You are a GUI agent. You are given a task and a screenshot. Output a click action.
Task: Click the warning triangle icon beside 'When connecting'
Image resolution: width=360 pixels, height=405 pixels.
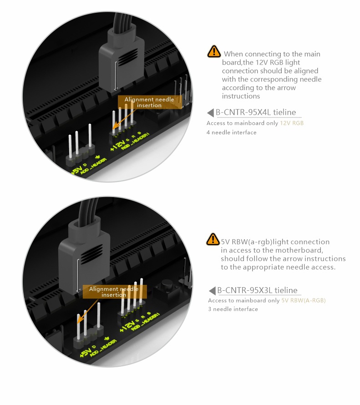(214, 51)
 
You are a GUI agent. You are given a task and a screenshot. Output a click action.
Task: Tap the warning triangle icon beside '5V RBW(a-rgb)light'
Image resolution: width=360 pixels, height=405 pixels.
(213, 239)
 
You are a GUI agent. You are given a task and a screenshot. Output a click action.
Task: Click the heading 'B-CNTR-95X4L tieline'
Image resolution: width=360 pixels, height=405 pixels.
(256, 112)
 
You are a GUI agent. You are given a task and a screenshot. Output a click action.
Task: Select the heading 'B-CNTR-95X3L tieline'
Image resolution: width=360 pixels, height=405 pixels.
(257, 290)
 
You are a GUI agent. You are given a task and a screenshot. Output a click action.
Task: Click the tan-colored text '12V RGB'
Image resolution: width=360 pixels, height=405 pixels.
(292, 123)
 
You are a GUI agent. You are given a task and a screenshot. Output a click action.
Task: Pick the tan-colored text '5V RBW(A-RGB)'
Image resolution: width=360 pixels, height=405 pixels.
(304, 300)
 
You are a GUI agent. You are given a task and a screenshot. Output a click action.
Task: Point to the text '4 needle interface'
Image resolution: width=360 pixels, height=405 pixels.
(231, 132)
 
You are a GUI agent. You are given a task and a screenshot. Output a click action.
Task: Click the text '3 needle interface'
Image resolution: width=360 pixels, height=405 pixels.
(233, 309)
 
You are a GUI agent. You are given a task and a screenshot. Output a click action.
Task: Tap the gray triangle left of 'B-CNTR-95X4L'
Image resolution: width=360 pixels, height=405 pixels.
(210, 112)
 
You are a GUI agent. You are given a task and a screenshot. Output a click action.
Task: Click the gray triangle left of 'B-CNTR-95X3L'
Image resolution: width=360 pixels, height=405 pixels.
(212, 291)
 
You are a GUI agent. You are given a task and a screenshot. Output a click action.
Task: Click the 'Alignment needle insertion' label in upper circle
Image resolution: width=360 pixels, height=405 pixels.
(150, 102)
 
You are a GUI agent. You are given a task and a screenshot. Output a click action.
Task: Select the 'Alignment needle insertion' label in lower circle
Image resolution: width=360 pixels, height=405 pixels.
(114, 292)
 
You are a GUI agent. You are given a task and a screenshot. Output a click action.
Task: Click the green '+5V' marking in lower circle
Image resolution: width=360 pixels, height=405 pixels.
(85, 352)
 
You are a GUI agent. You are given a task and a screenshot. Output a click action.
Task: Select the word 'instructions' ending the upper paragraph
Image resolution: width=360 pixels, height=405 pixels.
(241, 96)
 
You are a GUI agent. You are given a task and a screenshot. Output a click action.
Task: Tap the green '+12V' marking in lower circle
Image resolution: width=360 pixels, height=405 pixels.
(127, 326)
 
